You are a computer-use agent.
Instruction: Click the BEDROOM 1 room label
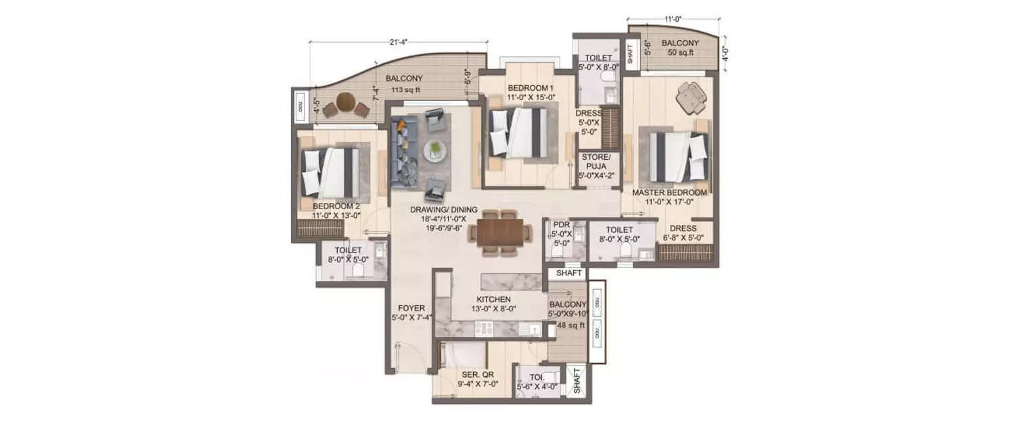pos(531,89)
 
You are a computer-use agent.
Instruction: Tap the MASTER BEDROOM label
pos(669,193)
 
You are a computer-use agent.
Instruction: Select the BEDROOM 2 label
pos(336,206)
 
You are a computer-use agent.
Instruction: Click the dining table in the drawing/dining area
pos(501,232)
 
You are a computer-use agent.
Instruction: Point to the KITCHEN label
pos(493,299)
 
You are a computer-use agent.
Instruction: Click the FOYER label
pos(411,308)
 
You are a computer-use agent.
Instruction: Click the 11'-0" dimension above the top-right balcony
pos(672,20)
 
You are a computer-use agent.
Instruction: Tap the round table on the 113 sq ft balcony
pos(345,102)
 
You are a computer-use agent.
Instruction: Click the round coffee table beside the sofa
pos(434,149)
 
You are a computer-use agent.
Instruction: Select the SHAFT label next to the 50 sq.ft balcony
pos(631,54)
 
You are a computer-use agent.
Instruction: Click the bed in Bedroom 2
pos(331,172)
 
